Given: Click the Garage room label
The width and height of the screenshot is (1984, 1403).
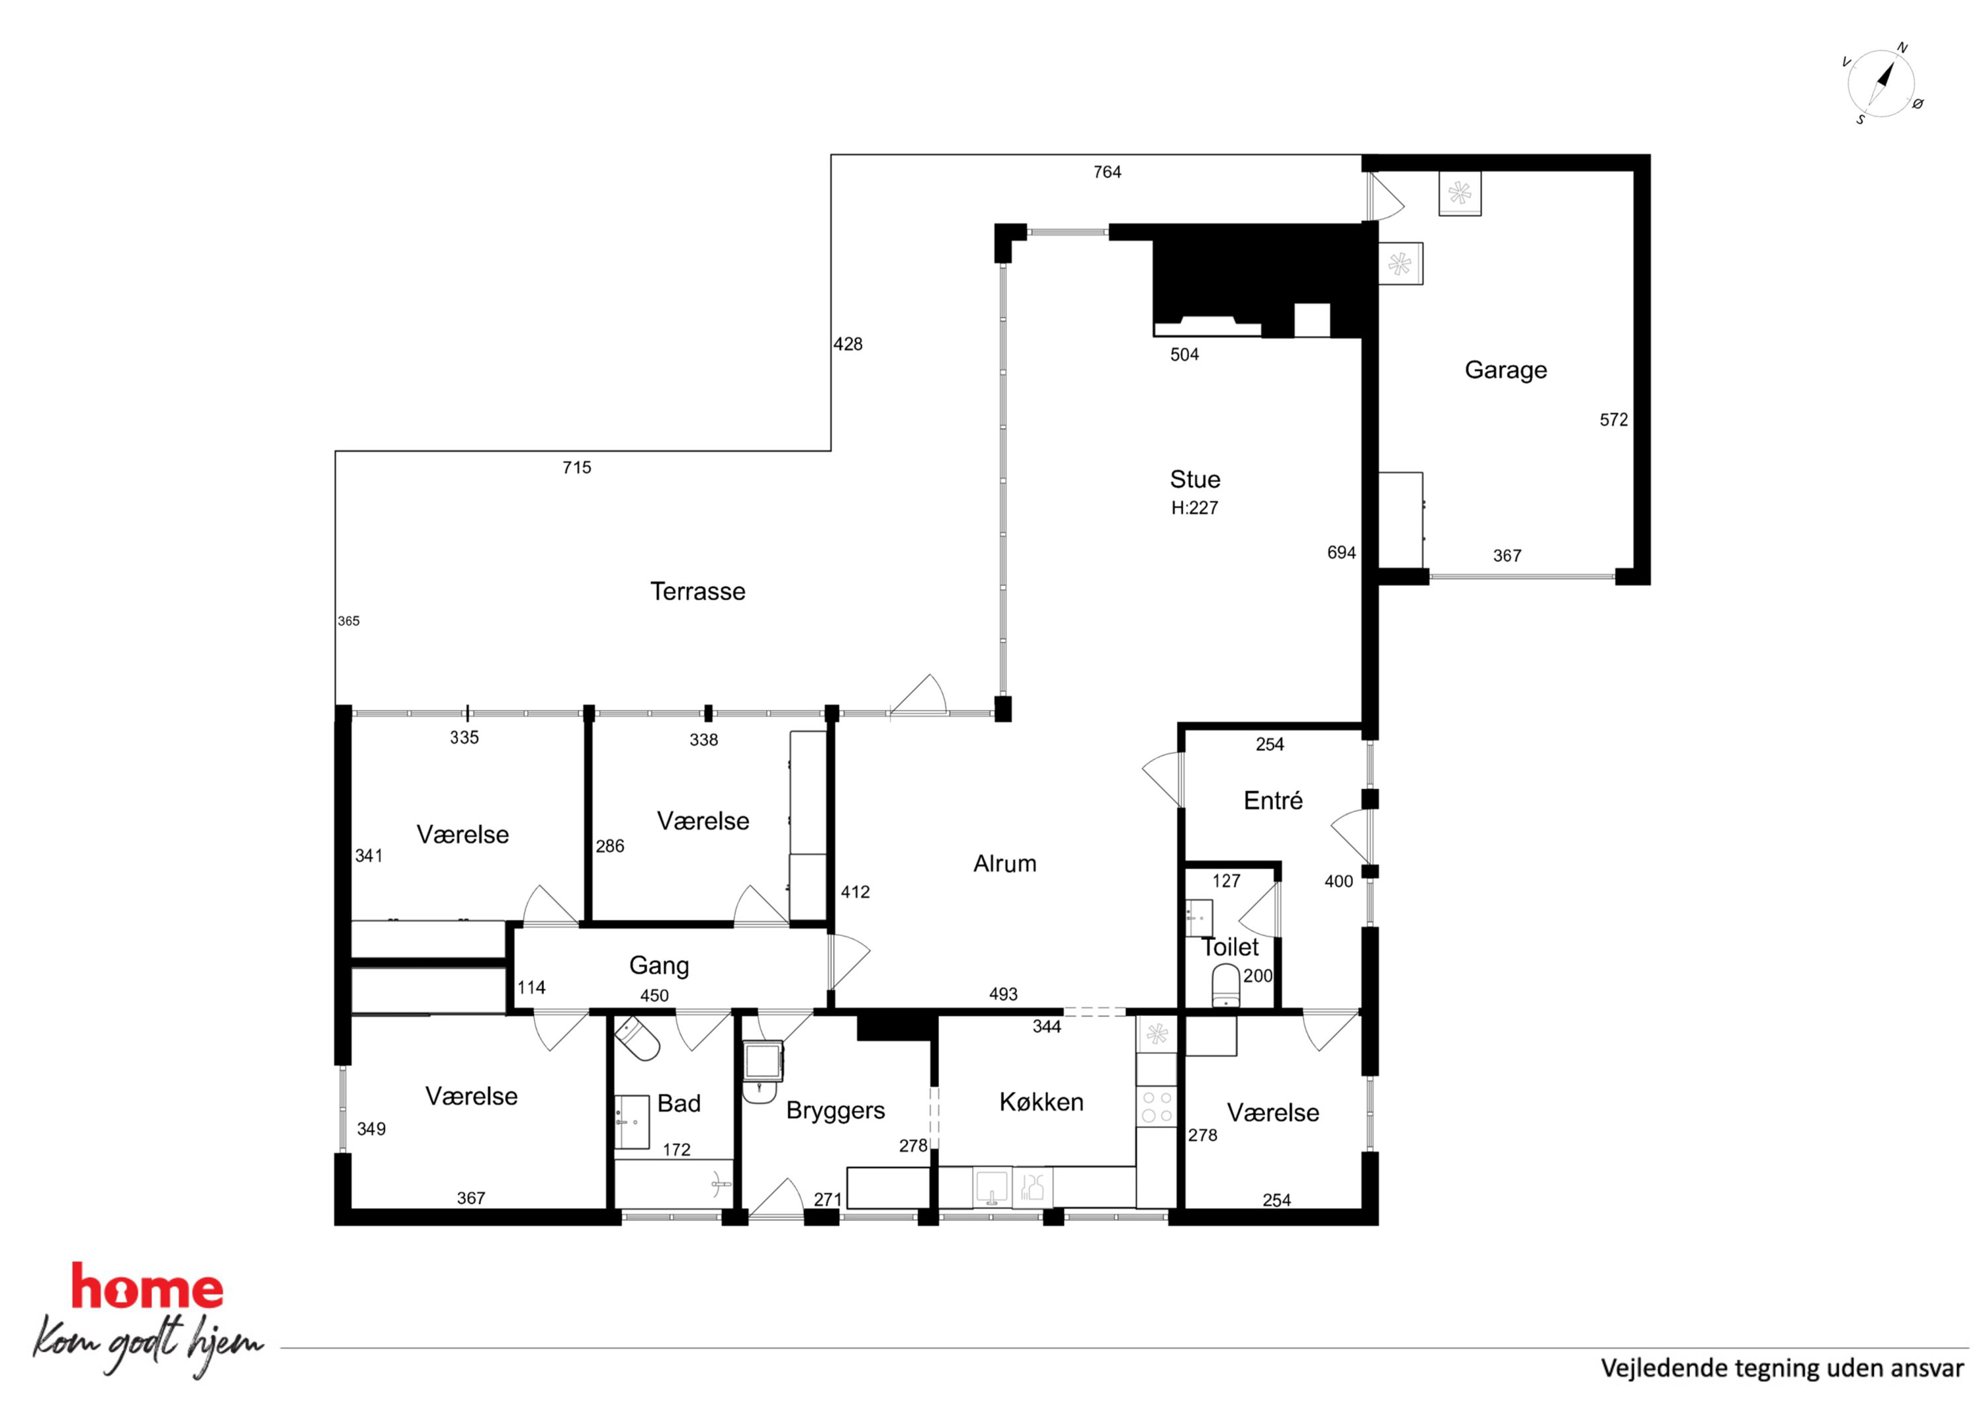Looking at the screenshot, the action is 1505,370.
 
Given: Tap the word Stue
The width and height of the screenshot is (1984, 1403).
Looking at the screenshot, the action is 1195,479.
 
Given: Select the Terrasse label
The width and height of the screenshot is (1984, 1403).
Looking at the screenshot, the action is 698,591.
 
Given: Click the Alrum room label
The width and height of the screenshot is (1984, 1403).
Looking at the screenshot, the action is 1005,863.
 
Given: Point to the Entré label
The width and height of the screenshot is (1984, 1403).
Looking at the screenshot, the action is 1273,800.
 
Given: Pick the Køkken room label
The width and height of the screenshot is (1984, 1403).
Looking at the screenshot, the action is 1041,1101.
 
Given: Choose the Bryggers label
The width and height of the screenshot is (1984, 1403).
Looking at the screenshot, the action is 836,1111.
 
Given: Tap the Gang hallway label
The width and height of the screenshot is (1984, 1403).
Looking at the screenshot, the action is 659,966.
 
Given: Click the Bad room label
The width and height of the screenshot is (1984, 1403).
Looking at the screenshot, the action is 679,1103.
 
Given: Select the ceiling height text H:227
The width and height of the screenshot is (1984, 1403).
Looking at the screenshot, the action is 1195,508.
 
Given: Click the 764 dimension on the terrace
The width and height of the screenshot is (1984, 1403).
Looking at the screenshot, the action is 1107,172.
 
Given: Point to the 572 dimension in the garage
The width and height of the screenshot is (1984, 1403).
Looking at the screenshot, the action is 1614,420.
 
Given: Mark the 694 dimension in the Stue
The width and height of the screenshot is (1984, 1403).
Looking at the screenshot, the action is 1341,553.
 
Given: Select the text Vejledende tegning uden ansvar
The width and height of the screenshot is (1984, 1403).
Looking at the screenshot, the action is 1782,1368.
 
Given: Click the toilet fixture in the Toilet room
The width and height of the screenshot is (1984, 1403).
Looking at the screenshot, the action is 1226,986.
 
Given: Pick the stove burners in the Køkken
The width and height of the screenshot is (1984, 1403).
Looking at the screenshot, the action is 1157,1106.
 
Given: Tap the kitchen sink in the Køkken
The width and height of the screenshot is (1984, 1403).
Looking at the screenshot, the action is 991,1187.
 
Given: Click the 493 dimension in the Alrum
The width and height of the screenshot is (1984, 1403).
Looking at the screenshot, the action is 1003,994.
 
